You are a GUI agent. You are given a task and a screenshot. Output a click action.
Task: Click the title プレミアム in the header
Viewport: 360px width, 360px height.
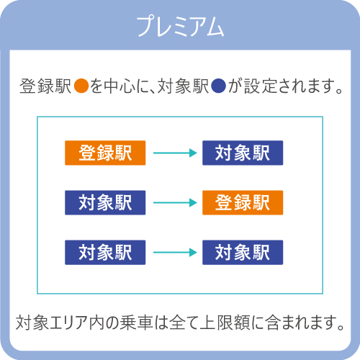coord(180,26)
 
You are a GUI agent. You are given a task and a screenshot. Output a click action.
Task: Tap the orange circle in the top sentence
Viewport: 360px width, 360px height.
coord(81,86)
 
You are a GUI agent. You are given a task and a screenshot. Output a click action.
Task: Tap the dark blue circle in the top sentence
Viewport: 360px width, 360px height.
coord(219,86)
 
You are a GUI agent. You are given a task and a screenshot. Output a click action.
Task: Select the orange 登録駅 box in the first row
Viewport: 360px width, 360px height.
coord(105,153)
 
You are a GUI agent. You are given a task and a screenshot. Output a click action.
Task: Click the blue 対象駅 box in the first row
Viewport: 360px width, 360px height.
coord(243,153)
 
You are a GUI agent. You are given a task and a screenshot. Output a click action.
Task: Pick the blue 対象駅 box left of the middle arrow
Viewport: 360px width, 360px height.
coord(105,202)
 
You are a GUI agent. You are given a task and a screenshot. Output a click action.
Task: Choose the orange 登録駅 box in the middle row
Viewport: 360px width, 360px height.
coord(243,202)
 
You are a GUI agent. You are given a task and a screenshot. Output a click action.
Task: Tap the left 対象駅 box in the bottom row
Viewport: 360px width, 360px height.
coord(105,253)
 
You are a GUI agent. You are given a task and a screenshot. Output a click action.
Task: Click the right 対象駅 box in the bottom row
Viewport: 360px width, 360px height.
coord(243,253)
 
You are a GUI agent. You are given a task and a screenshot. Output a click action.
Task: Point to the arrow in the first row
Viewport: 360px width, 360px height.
coord(175,153)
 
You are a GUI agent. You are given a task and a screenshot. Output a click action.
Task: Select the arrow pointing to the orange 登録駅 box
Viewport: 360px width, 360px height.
coord(175,202)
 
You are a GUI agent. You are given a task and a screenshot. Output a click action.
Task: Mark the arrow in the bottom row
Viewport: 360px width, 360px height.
coord(175,253)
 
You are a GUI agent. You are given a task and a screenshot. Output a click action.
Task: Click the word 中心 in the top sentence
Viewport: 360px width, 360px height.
coord(120,86)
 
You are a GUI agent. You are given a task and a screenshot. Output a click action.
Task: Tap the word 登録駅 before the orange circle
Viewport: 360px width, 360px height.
coord(45,86)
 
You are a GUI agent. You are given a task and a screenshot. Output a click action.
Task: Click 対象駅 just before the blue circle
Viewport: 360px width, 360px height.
coord(183,86)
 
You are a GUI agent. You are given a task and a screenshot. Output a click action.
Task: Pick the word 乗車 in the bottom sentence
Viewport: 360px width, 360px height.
coord(136,323)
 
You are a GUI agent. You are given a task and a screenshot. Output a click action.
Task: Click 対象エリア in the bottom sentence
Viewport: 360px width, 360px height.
coord(52,323)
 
